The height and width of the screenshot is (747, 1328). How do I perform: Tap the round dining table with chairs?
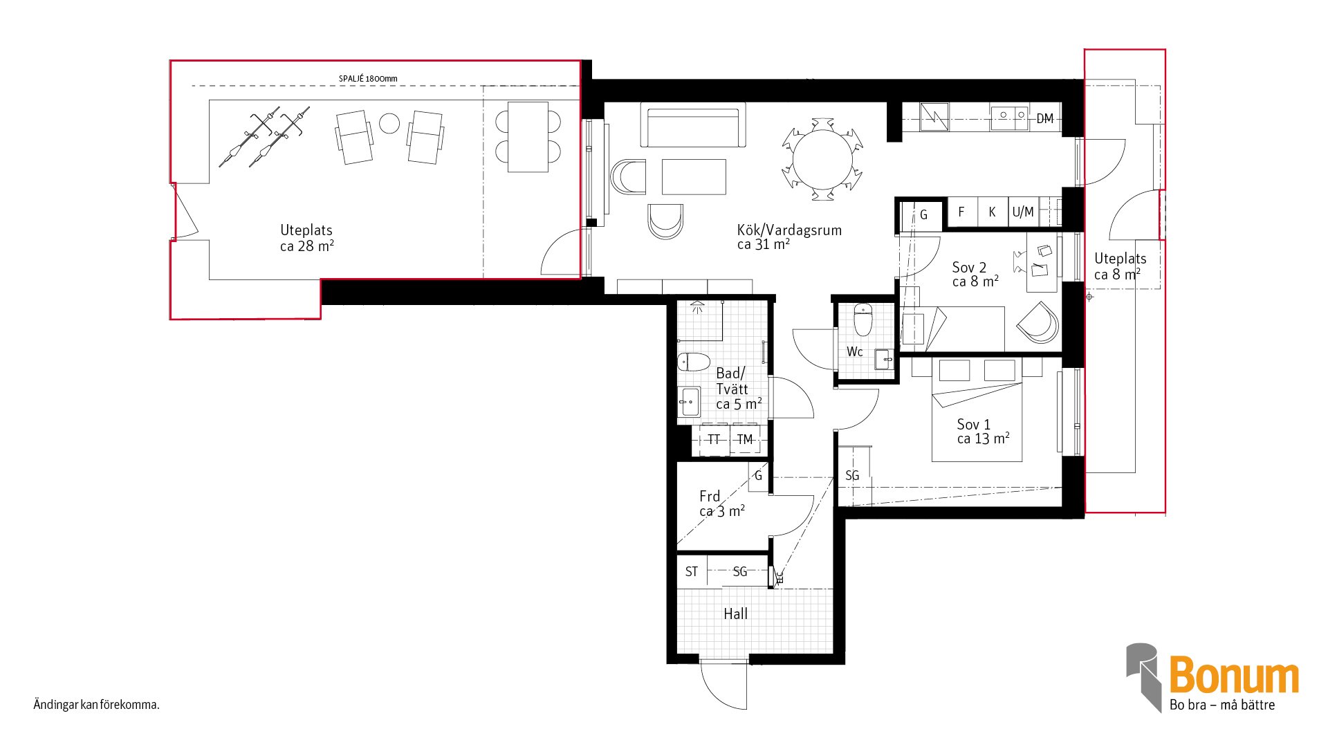pyautogui.click(x=822, y=160)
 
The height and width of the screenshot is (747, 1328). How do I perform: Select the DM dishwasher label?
pyautogui.click(x=1044, y=119)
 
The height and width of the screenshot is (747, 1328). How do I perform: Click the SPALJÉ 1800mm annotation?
pyautogui.click(x=368, y=79)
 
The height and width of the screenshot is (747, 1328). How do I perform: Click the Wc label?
pyautogui.click(x=855, y=352)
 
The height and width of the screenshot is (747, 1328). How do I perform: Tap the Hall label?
pyautogui.click(x=735, y=614)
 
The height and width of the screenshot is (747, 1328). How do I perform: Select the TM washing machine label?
pyautogui.click(x=744, y=439)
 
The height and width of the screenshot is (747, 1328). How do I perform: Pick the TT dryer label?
pyautogui.click(x=714, y=439)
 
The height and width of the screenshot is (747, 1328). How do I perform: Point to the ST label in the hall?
pyautogui.click(x=692, y=572)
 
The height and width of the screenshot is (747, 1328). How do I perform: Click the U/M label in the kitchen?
pyautogui.click(x=1023, y=212)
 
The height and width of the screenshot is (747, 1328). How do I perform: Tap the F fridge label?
pyautogui.click(x=961, y=212)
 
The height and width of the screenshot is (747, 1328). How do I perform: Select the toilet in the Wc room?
pyautogui.click(x=863, y=319)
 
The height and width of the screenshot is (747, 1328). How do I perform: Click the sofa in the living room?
pyautogui.click(x=693, y=125)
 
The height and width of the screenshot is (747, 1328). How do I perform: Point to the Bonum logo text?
pyautogui.click(x=1234, y=676)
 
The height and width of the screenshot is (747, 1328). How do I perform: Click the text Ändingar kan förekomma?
pyautogui.click(x=96, y=705)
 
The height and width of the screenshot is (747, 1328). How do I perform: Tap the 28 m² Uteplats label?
pyautogui.click(x=306, y=238)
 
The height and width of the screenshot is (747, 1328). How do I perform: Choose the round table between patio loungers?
pyautogui.click(x=389, y=123)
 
